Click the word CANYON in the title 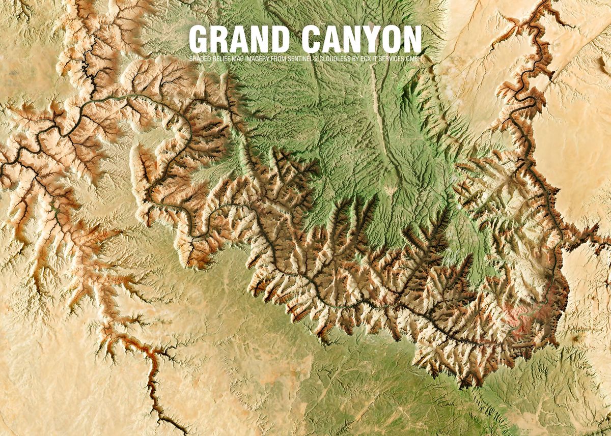[361, 39]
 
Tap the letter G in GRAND [199, 39]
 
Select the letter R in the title [220, 39]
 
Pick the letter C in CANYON [311, 39]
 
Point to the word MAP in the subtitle [238, 59]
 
